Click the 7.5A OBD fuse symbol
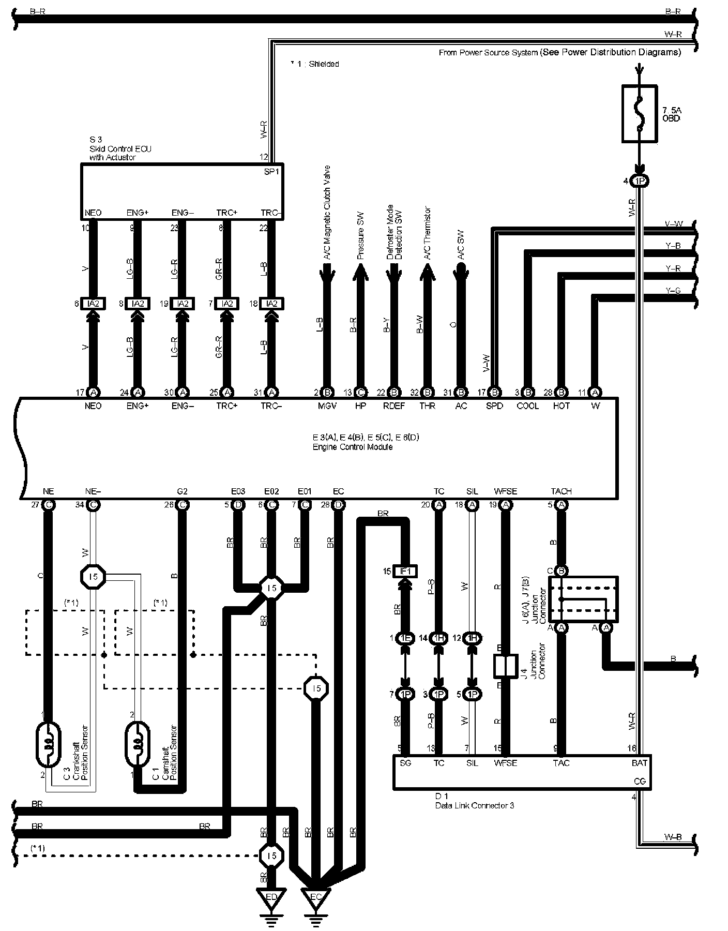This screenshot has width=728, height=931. [x=639, y=113]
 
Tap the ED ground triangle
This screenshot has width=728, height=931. [x=271, y=898]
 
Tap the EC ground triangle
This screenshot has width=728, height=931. [x=315, y=898]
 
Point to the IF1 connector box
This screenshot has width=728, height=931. [x=405, y=571]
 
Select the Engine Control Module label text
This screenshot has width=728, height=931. [x=352, y=447]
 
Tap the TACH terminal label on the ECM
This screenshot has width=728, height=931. [x=561, y=491]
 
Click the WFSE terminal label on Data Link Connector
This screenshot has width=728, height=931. [x=505, y=763]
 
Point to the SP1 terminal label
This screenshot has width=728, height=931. [x=271, y=171]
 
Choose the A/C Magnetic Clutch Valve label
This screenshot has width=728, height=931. [x=327, y=213]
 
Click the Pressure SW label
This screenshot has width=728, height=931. [x=360, y=235]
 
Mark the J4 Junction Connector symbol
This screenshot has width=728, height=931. [x=505, y=666]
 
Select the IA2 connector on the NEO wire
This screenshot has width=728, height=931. [x=93, y=304]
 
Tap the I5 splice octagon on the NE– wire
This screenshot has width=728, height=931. [x=93, y=576]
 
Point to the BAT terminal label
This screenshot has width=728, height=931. [x=639, y=763]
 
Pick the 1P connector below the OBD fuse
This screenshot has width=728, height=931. [x=639, y=182]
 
